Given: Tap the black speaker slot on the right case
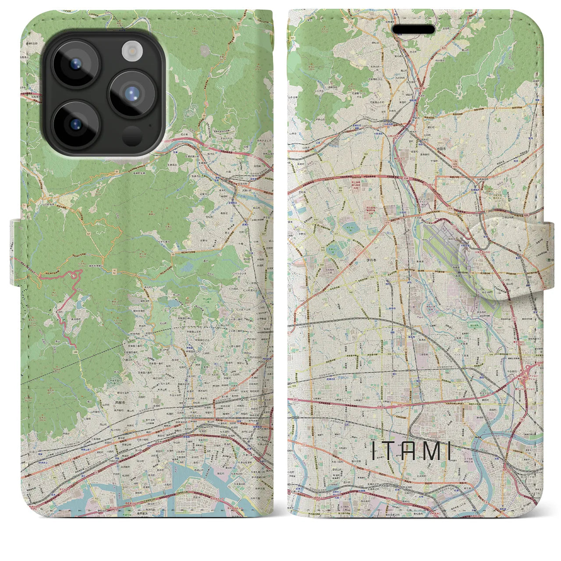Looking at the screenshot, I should [413, 29].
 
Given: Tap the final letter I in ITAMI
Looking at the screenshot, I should [450, 451].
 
